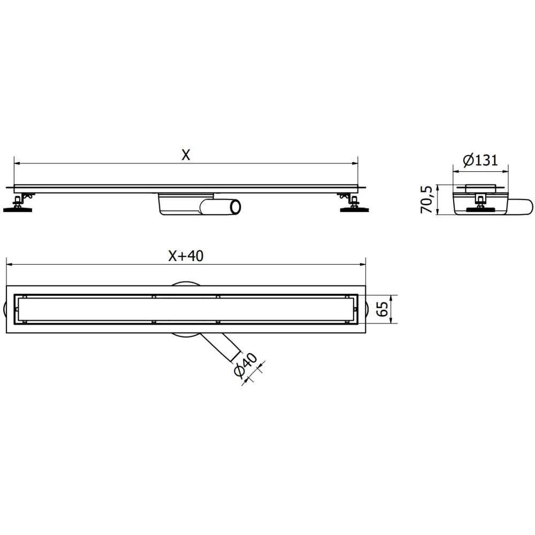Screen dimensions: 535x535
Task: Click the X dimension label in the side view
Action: pyautogui.click(x=185, y=155)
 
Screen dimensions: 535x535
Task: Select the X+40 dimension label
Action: pyautogui.click(x=185, y=256)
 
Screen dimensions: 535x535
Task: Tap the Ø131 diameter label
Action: pyautogui.click(x=480, y=159)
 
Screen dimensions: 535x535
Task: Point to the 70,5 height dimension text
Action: pyautogui.click(x=426, y=200)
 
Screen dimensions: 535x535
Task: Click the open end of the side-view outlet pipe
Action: pyautogui.click(x=235, y=206)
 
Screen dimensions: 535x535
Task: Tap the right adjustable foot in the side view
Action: pyautogui.click(x=353, y=206)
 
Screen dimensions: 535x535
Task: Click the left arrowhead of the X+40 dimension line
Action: pyautogui.click(x=9, y=264)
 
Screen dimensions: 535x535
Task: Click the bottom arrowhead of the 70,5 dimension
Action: pyautogui.click(x=438, y=212)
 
